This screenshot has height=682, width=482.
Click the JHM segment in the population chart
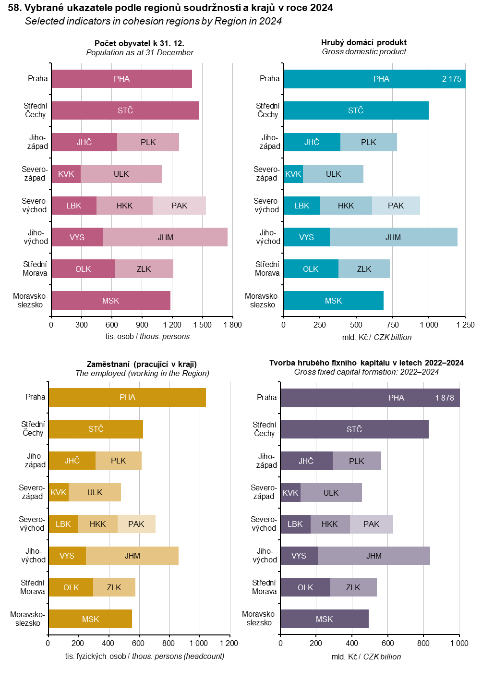166,237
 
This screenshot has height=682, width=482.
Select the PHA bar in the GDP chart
374,79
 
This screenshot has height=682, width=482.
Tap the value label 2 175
451,79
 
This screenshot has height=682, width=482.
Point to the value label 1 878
445,398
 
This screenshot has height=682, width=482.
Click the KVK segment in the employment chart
59,492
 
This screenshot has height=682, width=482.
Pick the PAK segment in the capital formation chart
372,524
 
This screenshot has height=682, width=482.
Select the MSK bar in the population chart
111,301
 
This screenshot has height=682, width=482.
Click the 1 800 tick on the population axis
233,325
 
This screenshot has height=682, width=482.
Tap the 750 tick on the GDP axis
392,325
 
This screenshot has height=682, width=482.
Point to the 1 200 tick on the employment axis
229,643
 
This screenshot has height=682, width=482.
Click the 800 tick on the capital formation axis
423,643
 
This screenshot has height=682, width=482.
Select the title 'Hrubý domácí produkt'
364,42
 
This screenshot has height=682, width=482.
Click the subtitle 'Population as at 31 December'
140,52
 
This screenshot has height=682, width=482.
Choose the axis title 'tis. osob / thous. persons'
147,336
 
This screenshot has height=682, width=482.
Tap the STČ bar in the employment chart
96,429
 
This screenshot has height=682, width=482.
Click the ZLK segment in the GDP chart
364,269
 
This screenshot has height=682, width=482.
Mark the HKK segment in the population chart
125,206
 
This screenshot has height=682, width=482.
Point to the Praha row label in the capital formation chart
266,397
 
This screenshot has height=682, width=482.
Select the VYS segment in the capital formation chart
299,556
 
